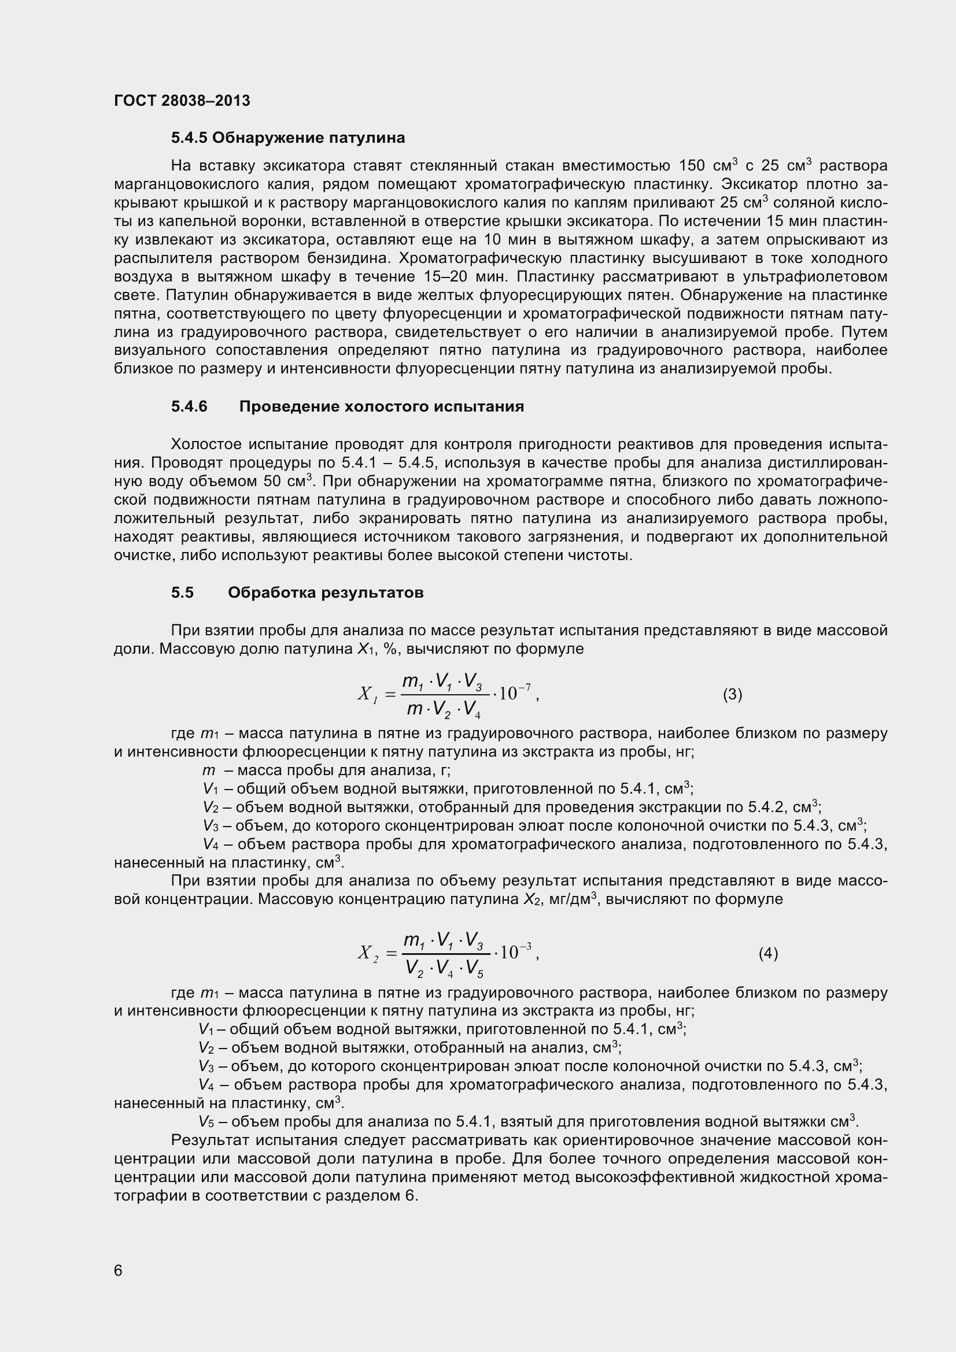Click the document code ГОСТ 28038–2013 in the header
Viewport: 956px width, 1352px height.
[x=182, y=101]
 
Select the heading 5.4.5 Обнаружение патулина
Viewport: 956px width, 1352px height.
[x=288, y=138]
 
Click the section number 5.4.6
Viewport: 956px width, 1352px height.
[x=190, y=406]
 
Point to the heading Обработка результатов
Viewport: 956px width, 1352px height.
[x=326, y=592]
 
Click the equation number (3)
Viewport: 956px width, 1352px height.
[x=732, y=695]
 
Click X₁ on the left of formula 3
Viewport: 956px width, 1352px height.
[x=366, y=695]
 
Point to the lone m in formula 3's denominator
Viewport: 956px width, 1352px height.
[x=415, y=710]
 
